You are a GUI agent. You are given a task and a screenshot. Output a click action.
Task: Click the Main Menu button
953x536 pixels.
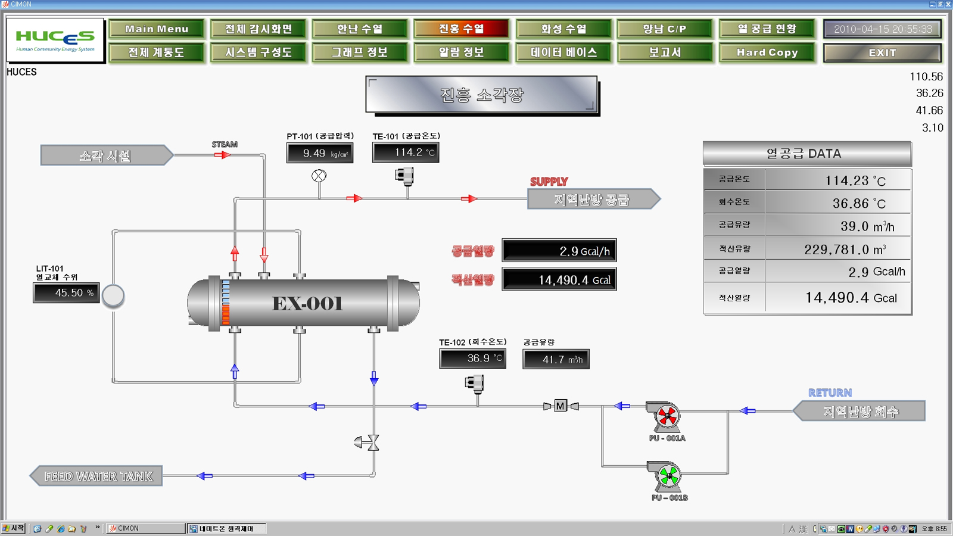pyautogui.click(x=157, y=29)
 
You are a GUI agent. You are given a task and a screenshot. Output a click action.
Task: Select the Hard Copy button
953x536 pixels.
pyautogui.click(x=767, y=52)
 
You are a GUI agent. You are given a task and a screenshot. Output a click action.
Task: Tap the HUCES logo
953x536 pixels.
pyautogui.click(x=55, y=40)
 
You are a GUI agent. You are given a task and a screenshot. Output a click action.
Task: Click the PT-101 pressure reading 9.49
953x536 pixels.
pyautogui.click(x=319, y=153)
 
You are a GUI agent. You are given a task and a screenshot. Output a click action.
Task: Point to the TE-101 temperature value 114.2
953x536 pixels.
pyautogui.click(x=406, y=152)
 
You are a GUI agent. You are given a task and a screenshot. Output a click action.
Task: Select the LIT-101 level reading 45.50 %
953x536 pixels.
pyautogui.click(x=66, y=293)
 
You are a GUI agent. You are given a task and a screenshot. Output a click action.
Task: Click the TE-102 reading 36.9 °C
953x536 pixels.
pyautogui.click(x=473, y=359)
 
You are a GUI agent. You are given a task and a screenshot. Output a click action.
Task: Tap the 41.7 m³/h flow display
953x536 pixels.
pyautogui.click(x=556, y=359)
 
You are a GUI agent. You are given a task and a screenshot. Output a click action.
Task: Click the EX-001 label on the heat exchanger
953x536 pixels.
pyautogui.click(x=307, y=304)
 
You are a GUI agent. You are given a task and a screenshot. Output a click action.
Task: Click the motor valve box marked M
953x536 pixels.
pyautogui.click(x=560, y=406)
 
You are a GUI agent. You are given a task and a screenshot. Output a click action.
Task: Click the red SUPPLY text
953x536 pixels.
pyautogui.click(x=549, y=182)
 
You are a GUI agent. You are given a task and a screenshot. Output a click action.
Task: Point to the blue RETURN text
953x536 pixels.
pyautogui.click(x=830, y=393)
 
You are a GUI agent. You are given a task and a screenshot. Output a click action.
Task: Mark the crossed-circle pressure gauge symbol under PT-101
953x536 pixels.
pyautogui.click(x=319, y=176)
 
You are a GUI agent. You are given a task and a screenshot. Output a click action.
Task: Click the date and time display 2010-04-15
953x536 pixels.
pyautogui.click(x=882, y=29)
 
